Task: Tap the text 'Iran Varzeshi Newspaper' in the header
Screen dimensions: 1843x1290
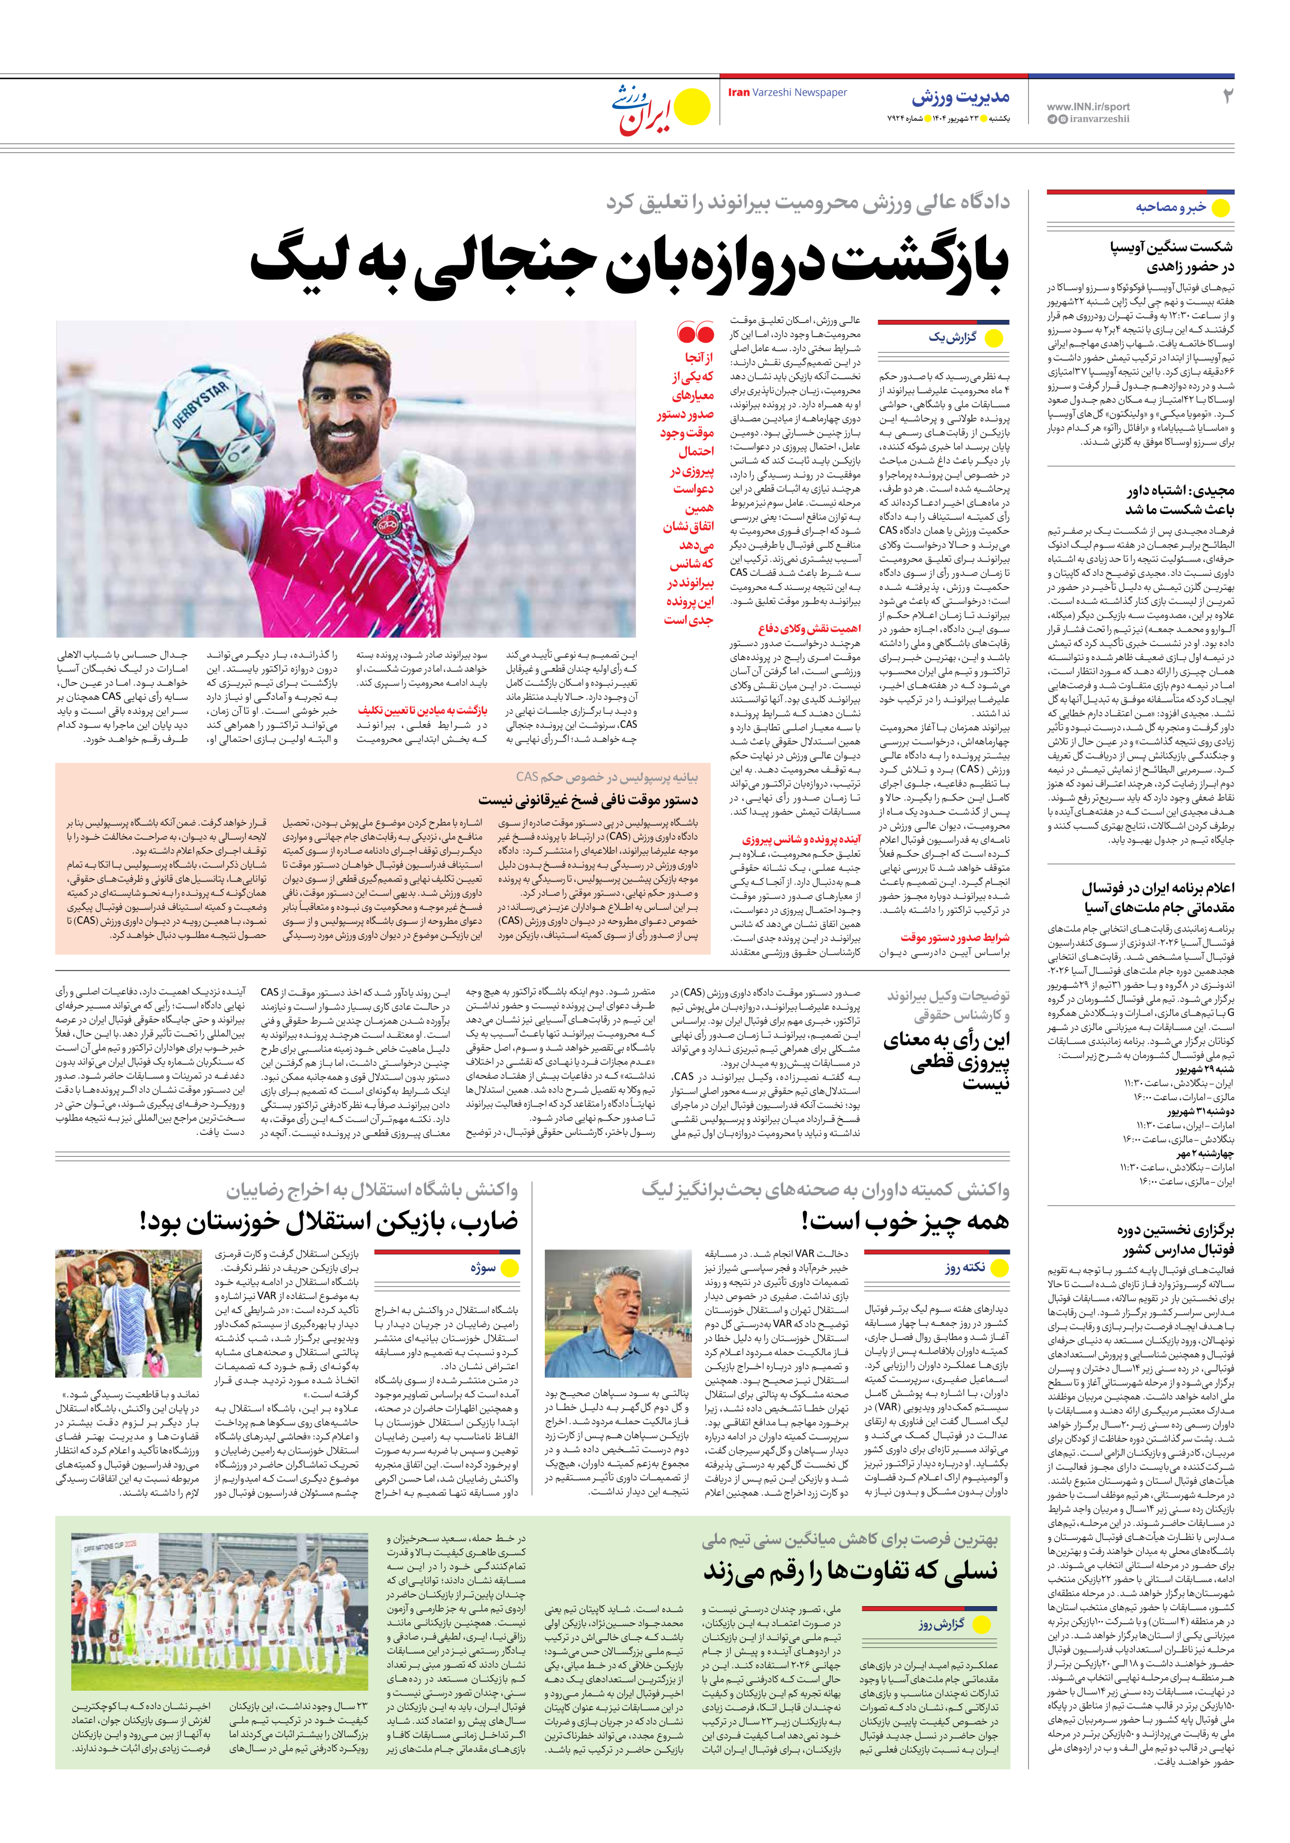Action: pyautogui.click(x=787, y=93)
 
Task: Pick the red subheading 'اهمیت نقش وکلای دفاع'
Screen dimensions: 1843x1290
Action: pyautogui.click(x=809, y=629)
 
